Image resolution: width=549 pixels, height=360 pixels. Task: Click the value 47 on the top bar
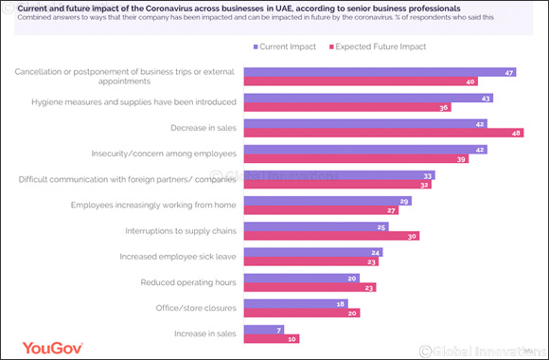(x=509, y=72)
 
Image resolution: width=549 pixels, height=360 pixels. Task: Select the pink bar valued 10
(x=270, y=339)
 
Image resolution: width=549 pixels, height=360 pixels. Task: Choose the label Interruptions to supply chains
(x=182, y=230)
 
